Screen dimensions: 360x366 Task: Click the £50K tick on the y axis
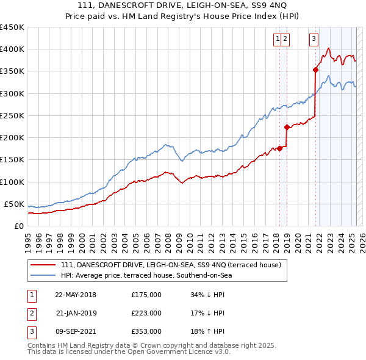[14, 204]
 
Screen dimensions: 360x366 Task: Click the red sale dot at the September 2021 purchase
[315, 70]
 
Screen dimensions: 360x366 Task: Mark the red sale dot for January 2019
[287, 127]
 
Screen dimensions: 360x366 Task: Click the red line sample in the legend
[43, 265]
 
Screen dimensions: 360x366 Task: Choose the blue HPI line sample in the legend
[43, 276]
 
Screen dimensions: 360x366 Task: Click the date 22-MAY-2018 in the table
[76, 295]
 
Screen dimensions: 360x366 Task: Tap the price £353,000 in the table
[146, 331]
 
